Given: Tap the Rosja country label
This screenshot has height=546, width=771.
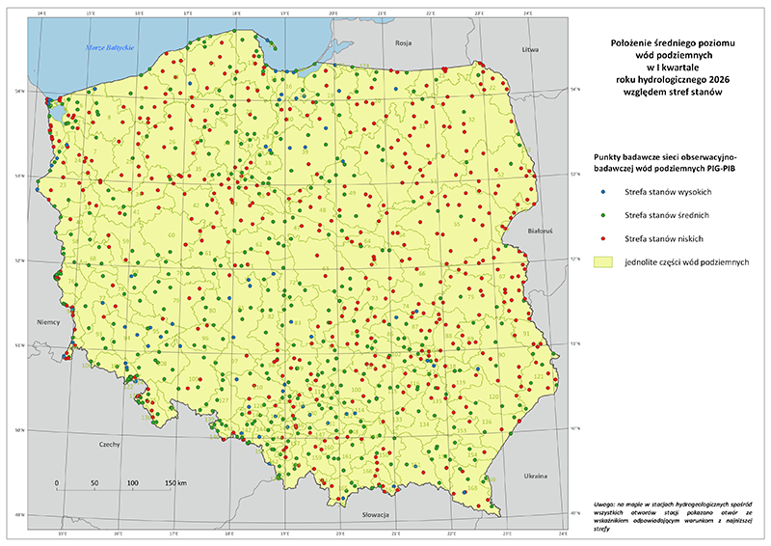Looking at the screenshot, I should (x=403, y=43).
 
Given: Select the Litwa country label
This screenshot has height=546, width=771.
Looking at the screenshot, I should (x=527, y=48).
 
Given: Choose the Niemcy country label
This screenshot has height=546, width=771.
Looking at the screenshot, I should (x=48, y=322).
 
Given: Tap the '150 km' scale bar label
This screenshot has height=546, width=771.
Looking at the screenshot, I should (x=173, y=481).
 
